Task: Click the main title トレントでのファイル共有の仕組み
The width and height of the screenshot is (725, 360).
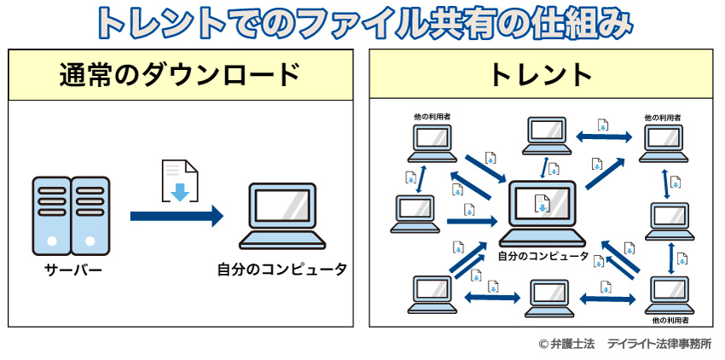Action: click(362, 23)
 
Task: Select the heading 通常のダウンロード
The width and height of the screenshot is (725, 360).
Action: click(180, 75)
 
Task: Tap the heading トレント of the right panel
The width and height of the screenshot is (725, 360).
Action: click(541, 75)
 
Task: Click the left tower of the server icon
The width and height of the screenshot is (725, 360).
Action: click(51, 215)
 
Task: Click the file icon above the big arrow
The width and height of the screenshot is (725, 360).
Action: click(180, 181)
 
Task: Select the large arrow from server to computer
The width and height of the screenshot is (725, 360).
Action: click(176, 217)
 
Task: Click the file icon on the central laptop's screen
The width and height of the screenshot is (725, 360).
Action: click(542, 204)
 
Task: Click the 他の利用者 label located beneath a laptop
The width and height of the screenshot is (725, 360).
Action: click(667, 321)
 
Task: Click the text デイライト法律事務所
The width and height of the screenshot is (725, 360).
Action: click(658, 344)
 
